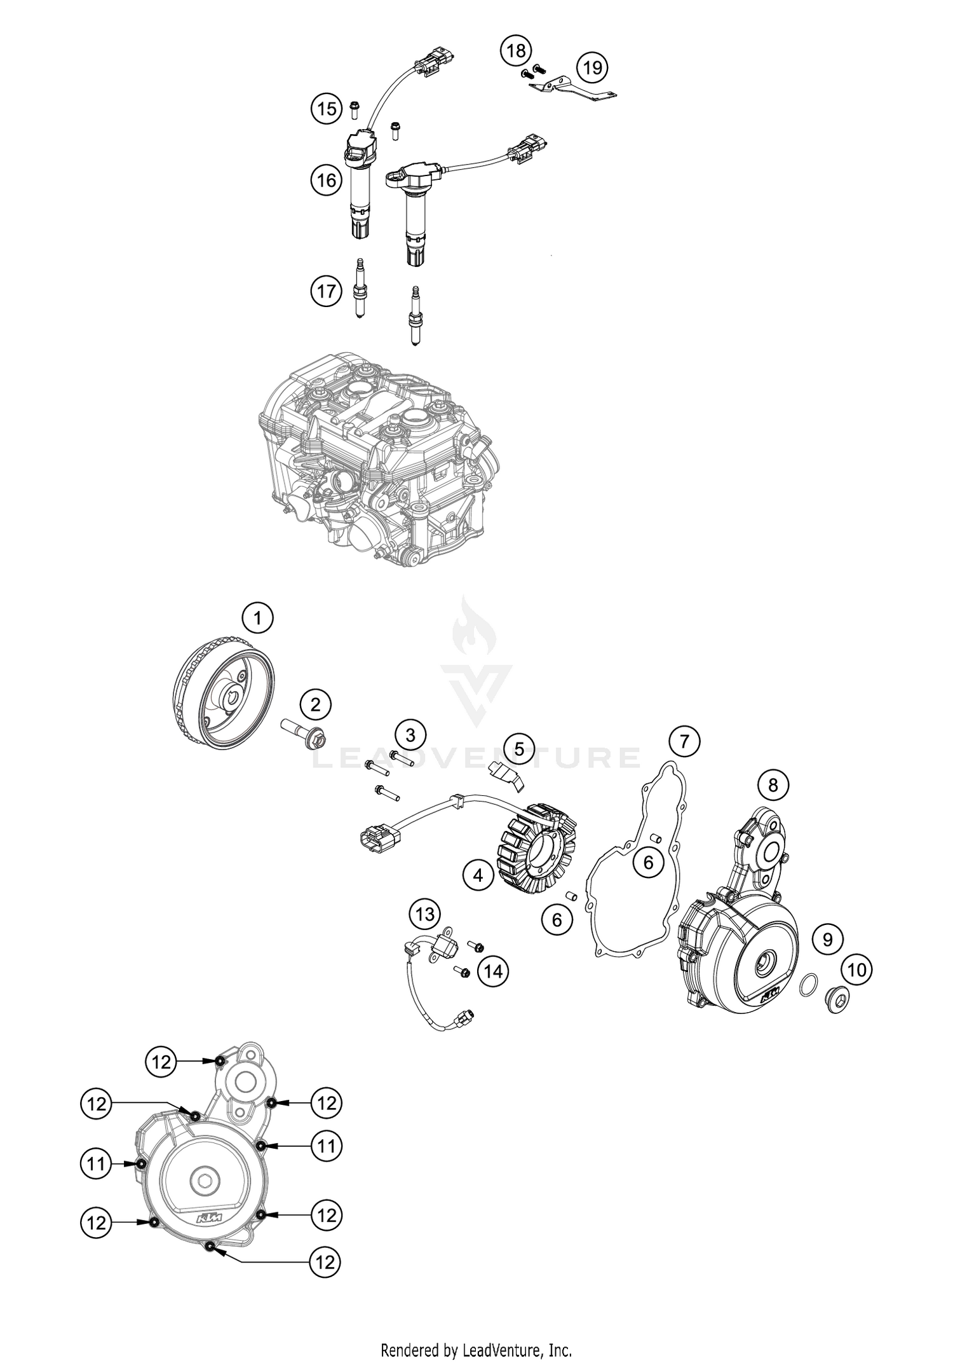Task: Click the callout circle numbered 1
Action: point(257,617)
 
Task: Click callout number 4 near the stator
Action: point(478,875)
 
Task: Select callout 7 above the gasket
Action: point(684,741)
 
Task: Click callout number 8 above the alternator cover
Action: point(773,785)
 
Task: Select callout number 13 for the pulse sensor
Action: point(424,914)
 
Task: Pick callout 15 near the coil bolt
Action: point(327,109)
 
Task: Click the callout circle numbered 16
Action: point(327,181)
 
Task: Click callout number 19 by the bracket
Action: point(591,67)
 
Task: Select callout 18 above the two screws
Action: point(516,50)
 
